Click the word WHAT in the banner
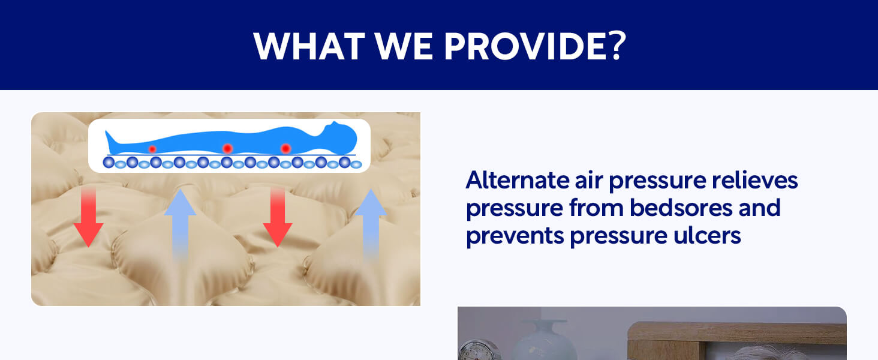click(x=309, y=46)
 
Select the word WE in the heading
click(x=404, y=46)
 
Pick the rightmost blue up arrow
click(x=371, y=224)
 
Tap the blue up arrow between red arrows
click(x=180, y=224)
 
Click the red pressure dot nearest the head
click(x=285, y=149)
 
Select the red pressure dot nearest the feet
click(x=152, y=149)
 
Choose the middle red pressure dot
click(x=227, y=149)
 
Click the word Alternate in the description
click(x=518, y=180)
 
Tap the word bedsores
click(x=681, y=208)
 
